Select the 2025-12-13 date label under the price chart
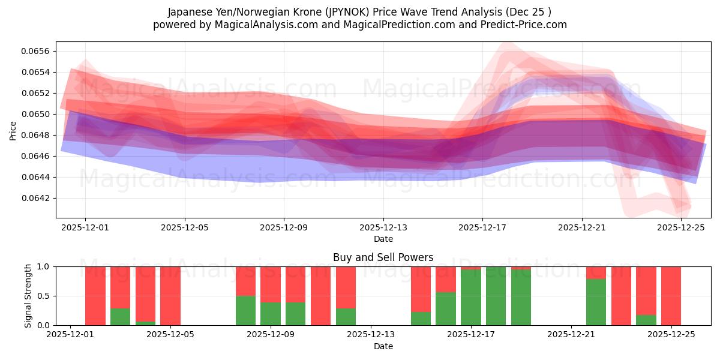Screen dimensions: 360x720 click(383, 227)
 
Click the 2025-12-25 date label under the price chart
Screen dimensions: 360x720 click(681, 227)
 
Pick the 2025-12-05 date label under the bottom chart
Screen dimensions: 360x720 click(170, 335)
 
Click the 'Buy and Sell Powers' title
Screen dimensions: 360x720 click(383, 257)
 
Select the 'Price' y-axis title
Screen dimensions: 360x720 click(13, 130)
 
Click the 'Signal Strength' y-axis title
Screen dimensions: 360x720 click(28, 296)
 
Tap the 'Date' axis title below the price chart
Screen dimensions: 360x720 click(383, 239)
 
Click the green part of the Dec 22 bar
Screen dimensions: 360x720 click(596, 302)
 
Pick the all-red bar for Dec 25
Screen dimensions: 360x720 click(671, 296)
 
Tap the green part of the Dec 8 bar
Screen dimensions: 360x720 click(245, 310)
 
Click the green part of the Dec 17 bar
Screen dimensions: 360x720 click(471, 297)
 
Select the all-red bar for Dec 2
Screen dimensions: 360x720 click(95, 296)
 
